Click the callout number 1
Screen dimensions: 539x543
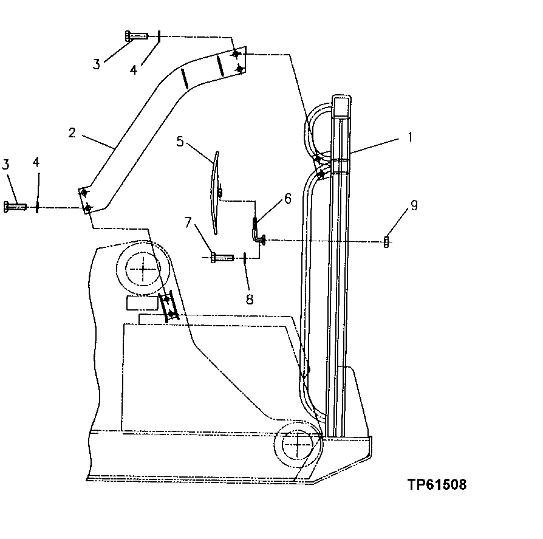[x=409, y=137]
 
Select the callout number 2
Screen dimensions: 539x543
[x=72, y=132]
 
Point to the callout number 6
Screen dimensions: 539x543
[x=287, y=198]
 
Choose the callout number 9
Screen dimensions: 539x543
[x=413, y=206]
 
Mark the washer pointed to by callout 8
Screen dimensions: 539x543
[x=245, y=258]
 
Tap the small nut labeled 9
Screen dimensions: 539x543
[x=386, y=242]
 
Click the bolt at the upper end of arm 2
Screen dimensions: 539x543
[x=137, y=36]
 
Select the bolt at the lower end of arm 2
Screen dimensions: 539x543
[x=15, y=207]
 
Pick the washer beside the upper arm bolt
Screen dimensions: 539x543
[x=159, y=36]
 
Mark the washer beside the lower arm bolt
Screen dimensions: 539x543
[x=38, y=207]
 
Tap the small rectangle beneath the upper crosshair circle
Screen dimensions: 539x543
[x=141, y=303]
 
